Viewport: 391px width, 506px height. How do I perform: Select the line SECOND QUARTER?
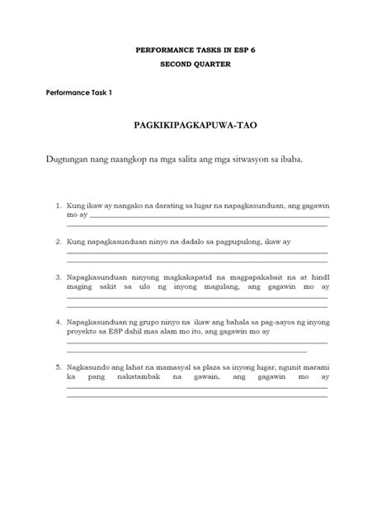(x=195, y=64)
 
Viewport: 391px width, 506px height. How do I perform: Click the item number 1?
(x=58, y=202)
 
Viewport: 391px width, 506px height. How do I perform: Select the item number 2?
(x=58, y=243)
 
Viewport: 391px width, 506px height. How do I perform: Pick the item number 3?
(x=58, y=279)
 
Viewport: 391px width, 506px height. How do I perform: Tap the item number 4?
(x=58, y=322)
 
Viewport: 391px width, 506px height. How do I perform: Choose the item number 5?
(x=58, y=365)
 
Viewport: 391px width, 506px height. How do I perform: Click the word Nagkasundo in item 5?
(x=89, y=365)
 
